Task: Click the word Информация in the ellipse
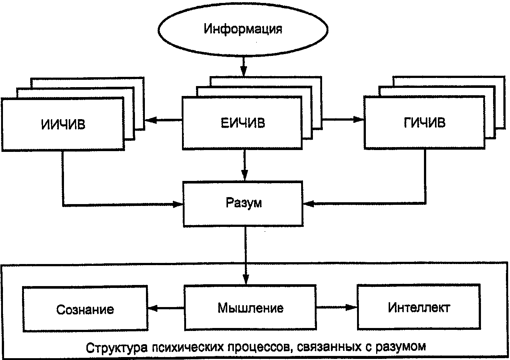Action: click(243, 29)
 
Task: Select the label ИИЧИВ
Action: click(63, 124)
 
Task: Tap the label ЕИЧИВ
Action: click(243, 123)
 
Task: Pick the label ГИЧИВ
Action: click(425, 123)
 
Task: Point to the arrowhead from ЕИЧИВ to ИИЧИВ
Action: click(151, 120)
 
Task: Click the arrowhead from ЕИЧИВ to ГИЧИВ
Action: click(358, 119)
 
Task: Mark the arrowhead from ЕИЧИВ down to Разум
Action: click(244, 175)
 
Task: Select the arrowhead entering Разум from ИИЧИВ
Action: click(178, 204)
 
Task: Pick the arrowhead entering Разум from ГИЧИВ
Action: click(309, 204)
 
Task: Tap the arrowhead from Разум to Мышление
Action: click(246, 279)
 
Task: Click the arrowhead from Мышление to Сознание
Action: click(154, 308)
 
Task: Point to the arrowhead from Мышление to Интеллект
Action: click(351, 307)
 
